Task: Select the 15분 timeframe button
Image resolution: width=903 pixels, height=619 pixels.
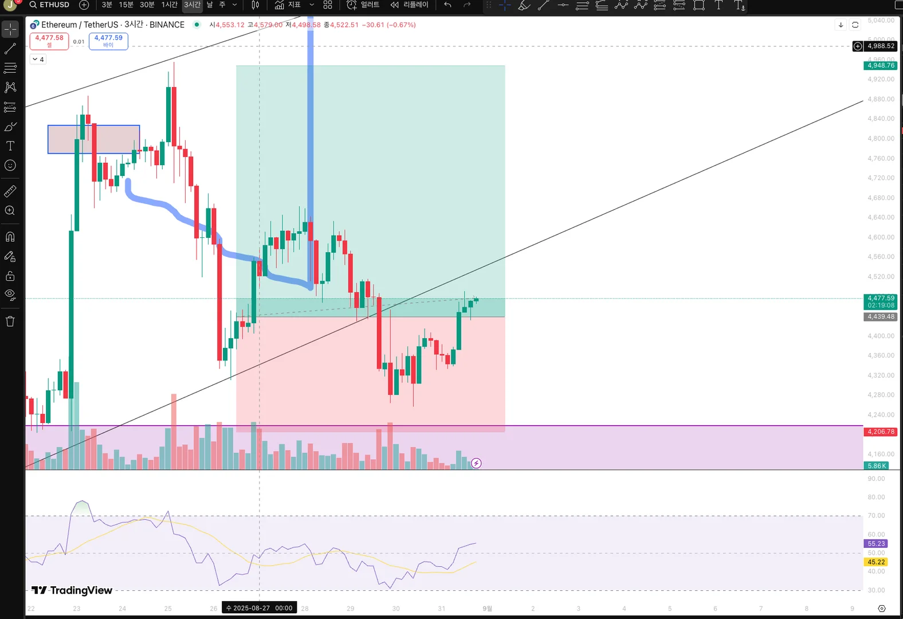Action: pos(126,5)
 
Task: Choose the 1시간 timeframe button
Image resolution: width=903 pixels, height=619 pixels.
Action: pos(169,5)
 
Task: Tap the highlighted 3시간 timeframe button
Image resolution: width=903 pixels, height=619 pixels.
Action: pos(192,5)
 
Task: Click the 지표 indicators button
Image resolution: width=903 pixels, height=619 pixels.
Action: pos(288,5)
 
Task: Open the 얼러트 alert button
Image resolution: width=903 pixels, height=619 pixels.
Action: pos(363,5)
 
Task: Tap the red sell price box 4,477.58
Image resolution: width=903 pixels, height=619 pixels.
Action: pos(49,41)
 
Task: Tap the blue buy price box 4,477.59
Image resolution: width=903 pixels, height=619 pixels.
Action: pos(108,41)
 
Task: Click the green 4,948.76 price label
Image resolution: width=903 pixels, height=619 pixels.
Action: pos(880,65)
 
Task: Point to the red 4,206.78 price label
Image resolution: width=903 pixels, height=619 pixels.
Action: pos(880,432)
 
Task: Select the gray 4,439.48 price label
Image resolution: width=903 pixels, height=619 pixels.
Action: pos(880,316)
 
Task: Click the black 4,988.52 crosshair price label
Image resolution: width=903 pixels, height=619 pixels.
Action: pos(880,46)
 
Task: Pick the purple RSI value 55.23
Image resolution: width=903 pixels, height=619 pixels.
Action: pos(875,543)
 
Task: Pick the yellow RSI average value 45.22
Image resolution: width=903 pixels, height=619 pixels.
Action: pos(875,562)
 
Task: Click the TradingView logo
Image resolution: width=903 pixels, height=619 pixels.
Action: pos(72,590)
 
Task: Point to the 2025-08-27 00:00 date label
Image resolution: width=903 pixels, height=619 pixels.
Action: pos(260,608)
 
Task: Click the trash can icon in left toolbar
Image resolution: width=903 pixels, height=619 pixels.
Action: pos(10,322)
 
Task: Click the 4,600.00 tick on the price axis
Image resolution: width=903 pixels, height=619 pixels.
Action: pos(881,237)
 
